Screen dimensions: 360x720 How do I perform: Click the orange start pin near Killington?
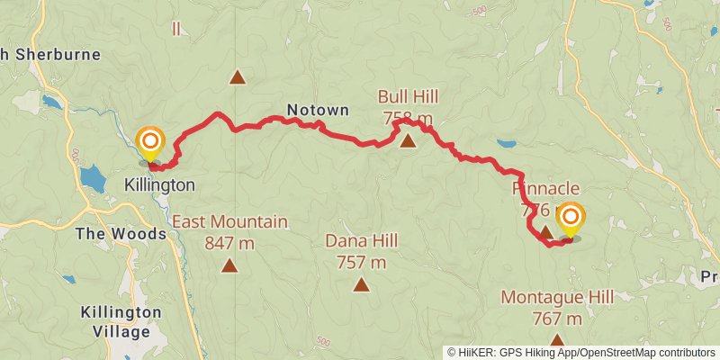tap(150, 141)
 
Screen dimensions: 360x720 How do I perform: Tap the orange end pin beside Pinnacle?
tap(570, 217)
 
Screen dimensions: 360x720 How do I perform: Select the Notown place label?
tap(318, 111)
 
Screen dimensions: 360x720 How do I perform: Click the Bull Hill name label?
tap(408, 96)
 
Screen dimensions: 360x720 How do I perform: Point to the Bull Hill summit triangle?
tap(408, 140)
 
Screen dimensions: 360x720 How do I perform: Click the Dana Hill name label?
tap(361, 240)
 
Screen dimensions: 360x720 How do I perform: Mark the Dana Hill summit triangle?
tap(361, 285)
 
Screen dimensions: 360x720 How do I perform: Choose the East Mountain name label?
tap(229, 221)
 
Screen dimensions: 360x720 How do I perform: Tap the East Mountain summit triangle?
tap(229, 265)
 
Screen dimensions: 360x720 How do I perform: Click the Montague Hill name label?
tap(557, 297)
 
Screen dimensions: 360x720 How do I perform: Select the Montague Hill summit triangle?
tap(557, 340)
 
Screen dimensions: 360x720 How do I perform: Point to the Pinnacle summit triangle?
tap(545, 232)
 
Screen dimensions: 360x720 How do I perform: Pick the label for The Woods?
tap(121, 234)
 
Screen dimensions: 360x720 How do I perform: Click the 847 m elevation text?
tap(229, 241)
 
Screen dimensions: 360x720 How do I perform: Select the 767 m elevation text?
tap(557, 318)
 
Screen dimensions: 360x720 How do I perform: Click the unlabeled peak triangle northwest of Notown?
tap(237, 77)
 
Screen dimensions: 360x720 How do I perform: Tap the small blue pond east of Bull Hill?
tap(507, 143)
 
